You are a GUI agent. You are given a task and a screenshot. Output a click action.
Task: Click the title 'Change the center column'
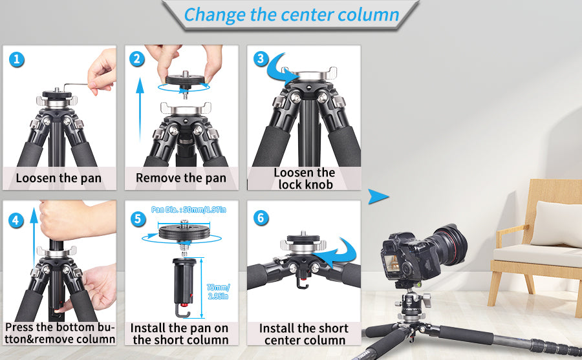coord(291,14)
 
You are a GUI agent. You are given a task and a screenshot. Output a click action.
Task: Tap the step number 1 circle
coord(18,60)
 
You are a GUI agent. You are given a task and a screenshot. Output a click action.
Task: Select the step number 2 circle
coord(136,59)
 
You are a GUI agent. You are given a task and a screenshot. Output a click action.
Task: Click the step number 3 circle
coord(261,59)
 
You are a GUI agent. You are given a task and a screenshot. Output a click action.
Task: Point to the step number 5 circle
coord(137,219)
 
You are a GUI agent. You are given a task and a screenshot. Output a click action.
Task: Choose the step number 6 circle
coord(261,218)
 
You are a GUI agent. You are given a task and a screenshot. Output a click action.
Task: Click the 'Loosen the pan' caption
coord(59,178)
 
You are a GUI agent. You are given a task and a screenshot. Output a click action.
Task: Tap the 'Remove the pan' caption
coord(181,178)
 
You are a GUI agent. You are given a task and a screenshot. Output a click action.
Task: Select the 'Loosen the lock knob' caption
coord(304,178)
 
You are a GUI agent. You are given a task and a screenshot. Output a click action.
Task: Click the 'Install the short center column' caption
coord(304,334)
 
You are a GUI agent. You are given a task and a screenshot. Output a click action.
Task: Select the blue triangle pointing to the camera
coord(379,197)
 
